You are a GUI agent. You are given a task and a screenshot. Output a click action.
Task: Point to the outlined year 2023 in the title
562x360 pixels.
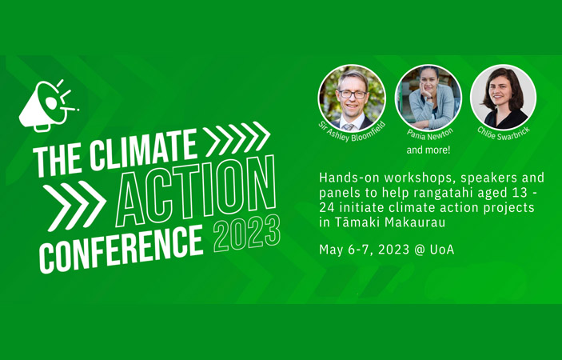(246, 234)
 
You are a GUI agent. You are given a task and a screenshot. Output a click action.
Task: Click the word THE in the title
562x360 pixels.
(58, 161)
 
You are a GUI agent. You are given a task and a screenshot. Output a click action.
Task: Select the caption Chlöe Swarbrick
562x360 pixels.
(504, 133)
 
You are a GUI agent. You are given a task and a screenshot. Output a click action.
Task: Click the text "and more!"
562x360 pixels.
(428, 150)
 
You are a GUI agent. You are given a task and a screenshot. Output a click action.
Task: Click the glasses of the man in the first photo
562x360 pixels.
(353, 94)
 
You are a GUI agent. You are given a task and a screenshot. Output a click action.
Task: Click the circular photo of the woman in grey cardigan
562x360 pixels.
(428, 97)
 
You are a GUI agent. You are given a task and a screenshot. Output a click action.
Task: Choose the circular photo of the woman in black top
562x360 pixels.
(503, 97)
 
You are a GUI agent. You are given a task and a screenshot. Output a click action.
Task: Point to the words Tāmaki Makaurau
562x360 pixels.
(390, 222)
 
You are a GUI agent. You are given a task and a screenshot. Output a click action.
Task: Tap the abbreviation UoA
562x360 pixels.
(442, 250)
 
